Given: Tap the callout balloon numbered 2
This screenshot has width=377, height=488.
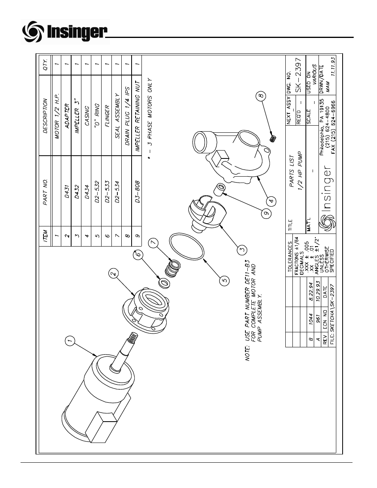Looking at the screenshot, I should pyautogui.click(x=113, y=273).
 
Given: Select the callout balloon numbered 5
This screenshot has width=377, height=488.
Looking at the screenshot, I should pyautogui.click(x=224, y=280).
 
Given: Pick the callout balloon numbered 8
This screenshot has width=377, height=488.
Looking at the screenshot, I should pyautogui.click(x=261, y=95).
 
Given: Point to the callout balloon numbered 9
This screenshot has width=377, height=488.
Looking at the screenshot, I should pyautogui.click(x=266, y=213).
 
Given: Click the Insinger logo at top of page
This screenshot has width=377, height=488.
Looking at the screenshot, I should pyautogui.click(x=65, y=32).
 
